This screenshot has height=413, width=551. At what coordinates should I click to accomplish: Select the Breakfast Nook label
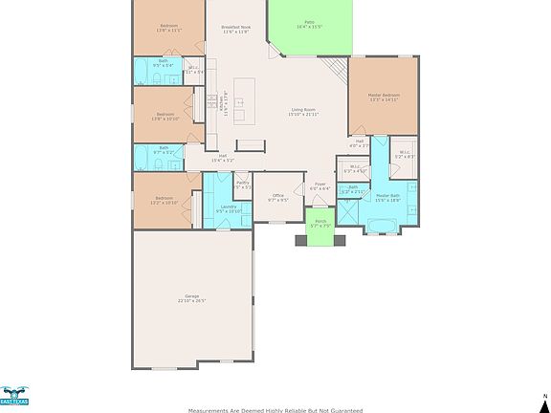click(235, 27)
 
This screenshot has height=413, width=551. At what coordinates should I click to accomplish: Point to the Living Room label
click(304, 110)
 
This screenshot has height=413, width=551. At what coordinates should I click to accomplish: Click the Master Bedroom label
click(384, 96)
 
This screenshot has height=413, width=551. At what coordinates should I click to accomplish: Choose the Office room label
click(277, 195)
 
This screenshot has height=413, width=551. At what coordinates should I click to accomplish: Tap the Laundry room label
click(228, 206)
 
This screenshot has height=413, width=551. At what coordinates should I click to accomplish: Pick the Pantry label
click(242, 183)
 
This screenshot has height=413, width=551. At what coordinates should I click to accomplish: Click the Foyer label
click(320, 185)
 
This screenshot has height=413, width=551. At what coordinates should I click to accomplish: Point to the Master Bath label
click(388, 195)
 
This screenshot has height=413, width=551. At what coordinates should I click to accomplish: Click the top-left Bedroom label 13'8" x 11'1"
click(167, 26)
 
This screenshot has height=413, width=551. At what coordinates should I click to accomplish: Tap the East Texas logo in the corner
click(14, 397)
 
